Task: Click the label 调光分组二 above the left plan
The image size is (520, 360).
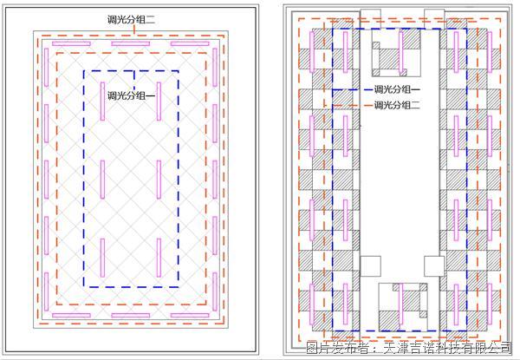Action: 131,19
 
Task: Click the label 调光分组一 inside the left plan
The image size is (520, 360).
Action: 131,95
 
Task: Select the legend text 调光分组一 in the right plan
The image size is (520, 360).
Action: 397,89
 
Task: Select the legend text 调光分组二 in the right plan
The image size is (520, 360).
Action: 397,105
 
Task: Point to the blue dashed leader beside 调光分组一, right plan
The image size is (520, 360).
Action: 352,89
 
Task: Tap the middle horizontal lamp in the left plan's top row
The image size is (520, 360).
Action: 130,43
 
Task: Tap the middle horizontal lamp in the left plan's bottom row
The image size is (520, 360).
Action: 130,315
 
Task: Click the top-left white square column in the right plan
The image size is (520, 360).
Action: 370,19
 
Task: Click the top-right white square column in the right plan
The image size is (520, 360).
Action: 434,19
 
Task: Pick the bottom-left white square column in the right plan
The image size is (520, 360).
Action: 370,266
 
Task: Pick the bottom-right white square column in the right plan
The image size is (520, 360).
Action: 434,266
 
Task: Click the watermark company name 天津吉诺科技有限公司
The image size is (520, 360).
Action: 447,348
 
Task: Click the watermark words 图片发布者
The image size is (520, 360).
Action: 337,348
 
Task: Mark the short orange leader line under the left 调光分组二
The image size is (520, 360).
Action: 134,29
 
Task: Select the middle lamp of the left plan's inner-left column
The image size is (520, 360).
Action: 103,180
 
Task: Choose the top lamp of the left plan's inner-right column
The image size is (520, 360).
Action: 159,101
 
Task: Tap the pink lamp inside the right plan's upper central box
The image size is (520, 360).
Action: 401,51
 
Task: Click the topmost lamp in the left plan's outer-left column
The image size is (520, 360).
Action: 47,68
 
